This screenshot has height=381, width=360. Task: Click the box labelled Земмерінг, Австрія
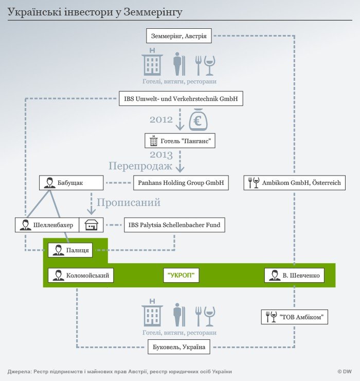pyautogui.click(x=179, y=36)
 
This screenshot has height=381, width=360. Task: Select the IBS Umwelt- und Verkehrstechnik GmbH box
pyautogui.click(x=181, y=98)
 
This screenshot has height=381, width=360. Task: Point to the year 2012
pyautogui.click(x=161, y=120)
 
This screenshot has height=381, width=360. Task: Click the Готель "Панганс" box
pyautogui.click(x=180, y=141)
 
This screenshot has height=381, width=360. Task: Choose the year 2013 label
pyautogui.click(x=161, y=154)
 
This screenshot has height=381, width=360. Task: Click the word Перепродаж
pyautogui.click(x=140, y=166)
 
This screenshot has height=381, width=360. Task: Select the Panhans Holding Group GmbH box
pyautogui.click(x=182, y=182)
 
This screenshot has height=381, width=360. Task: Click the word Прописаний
pyautogui.click(x=129, y=202)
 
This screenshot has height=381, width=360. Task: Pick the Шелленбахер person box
pyautogui.click(x=47, y=224)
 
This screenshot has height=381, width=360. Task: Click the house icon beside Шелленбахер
pyautogui.click(x=92, y=224)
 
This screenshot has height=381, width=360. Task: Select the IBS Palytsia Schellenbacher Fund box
pyautogui.click(x=174, y=224)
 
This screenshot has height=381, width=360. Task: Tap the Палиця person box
pyautogui.click(x=71, y=251)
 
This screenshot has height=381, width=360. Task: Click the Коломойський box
pyautogui.click(x=80, y=275)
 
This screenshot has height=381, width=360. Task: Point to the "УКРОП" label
pyautogui.click(x=181, y=275)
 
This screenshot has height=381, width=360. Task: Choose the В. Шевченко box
pyautogui.click(x=295, y=275)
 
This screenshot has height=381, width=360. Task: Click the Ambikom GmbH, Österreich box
pyautogui.click(x=295, y=182)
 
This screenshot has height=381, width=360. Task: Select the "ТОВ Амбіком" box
pyautogui.click(x=295, y=317)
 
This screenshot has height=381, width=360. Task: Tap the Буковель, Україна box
pyautogui.click(x=179, y=347)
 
